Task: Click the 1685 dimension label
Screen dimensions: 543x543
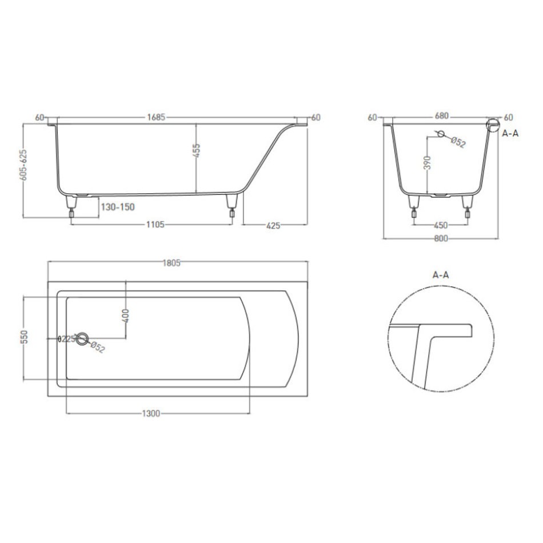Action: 156,117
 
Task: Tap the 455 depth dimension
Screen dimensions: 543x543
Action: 196,151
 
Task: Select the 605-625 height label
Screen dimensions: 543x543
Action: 23,165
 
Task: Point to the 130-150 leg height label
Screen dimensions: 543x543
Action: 118,207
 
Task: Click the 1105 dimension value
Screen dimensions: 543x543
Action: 155,225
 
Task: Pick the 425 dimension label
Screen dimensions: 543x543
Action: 273,226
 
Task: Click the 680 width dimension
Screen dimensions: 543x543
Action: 441,116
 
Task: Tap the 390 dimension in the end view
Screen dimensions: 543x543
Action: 427,163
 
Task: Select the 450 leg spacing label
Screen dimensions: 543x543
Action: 441,225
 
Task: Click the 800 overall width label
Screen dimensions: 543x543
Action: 441,238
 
